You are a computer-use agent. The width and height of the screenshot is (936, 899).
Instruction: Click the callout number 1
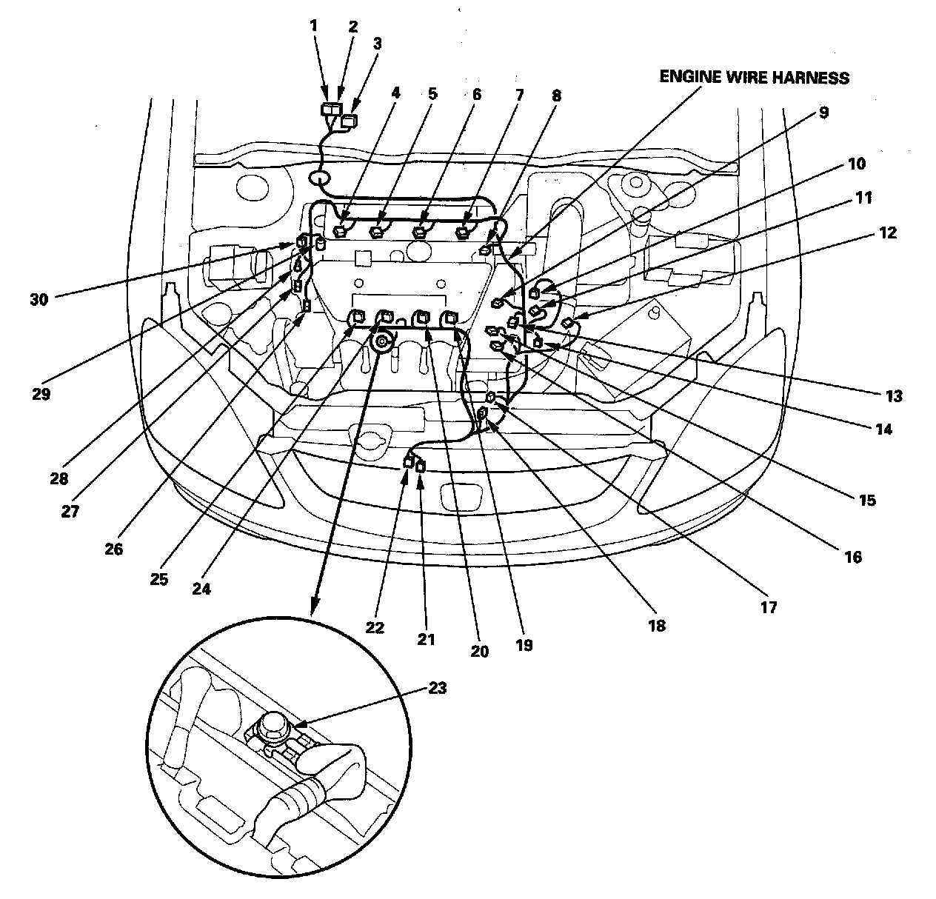[x=313, y=25]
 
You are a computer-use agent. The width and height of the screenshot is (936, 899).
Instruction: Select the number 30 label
[x=39, y=299]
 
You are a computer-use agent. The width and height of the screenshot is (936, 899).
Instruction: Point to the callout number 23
[x=438, y=688]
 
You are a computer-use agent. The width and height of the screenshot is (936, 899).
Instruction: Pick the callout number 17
[x=768, y=607]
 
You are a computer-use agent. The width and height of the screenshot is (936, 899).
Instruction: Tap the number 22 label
[x=375, y=627]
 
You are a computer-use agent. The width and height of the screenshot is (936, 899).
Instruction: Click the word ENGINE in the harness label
[x=687, y=77]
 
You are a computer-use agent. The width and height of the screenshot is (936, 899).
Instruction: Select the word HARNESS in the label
[x=812, y=77]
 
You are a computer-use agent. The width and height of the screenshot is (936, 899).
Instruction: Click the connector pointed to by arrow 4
[x=341, y=231]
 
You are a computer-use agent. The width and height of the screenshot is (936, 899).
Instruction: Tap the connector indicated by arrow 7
[x=464, y=232]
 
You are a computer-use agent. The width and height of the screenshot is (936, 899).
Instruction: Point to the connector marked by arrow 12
[x=568, y=324]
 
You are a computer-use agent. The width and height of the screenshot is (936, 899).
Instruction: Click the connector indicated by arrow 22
[x=408, y=463]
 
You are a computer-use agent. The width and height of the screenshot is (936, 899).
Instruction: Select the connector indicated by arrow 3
[x=347, y=121]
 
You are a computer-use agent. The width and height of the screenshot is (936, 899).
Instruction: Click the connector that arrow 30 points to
[x=302, y=241]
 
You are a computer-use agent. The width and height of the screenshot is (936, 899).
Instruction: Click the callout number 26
[x=114, y=549]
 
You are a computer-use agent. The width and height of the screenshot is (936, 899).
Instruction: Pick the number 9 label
[x=823, y=113]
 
